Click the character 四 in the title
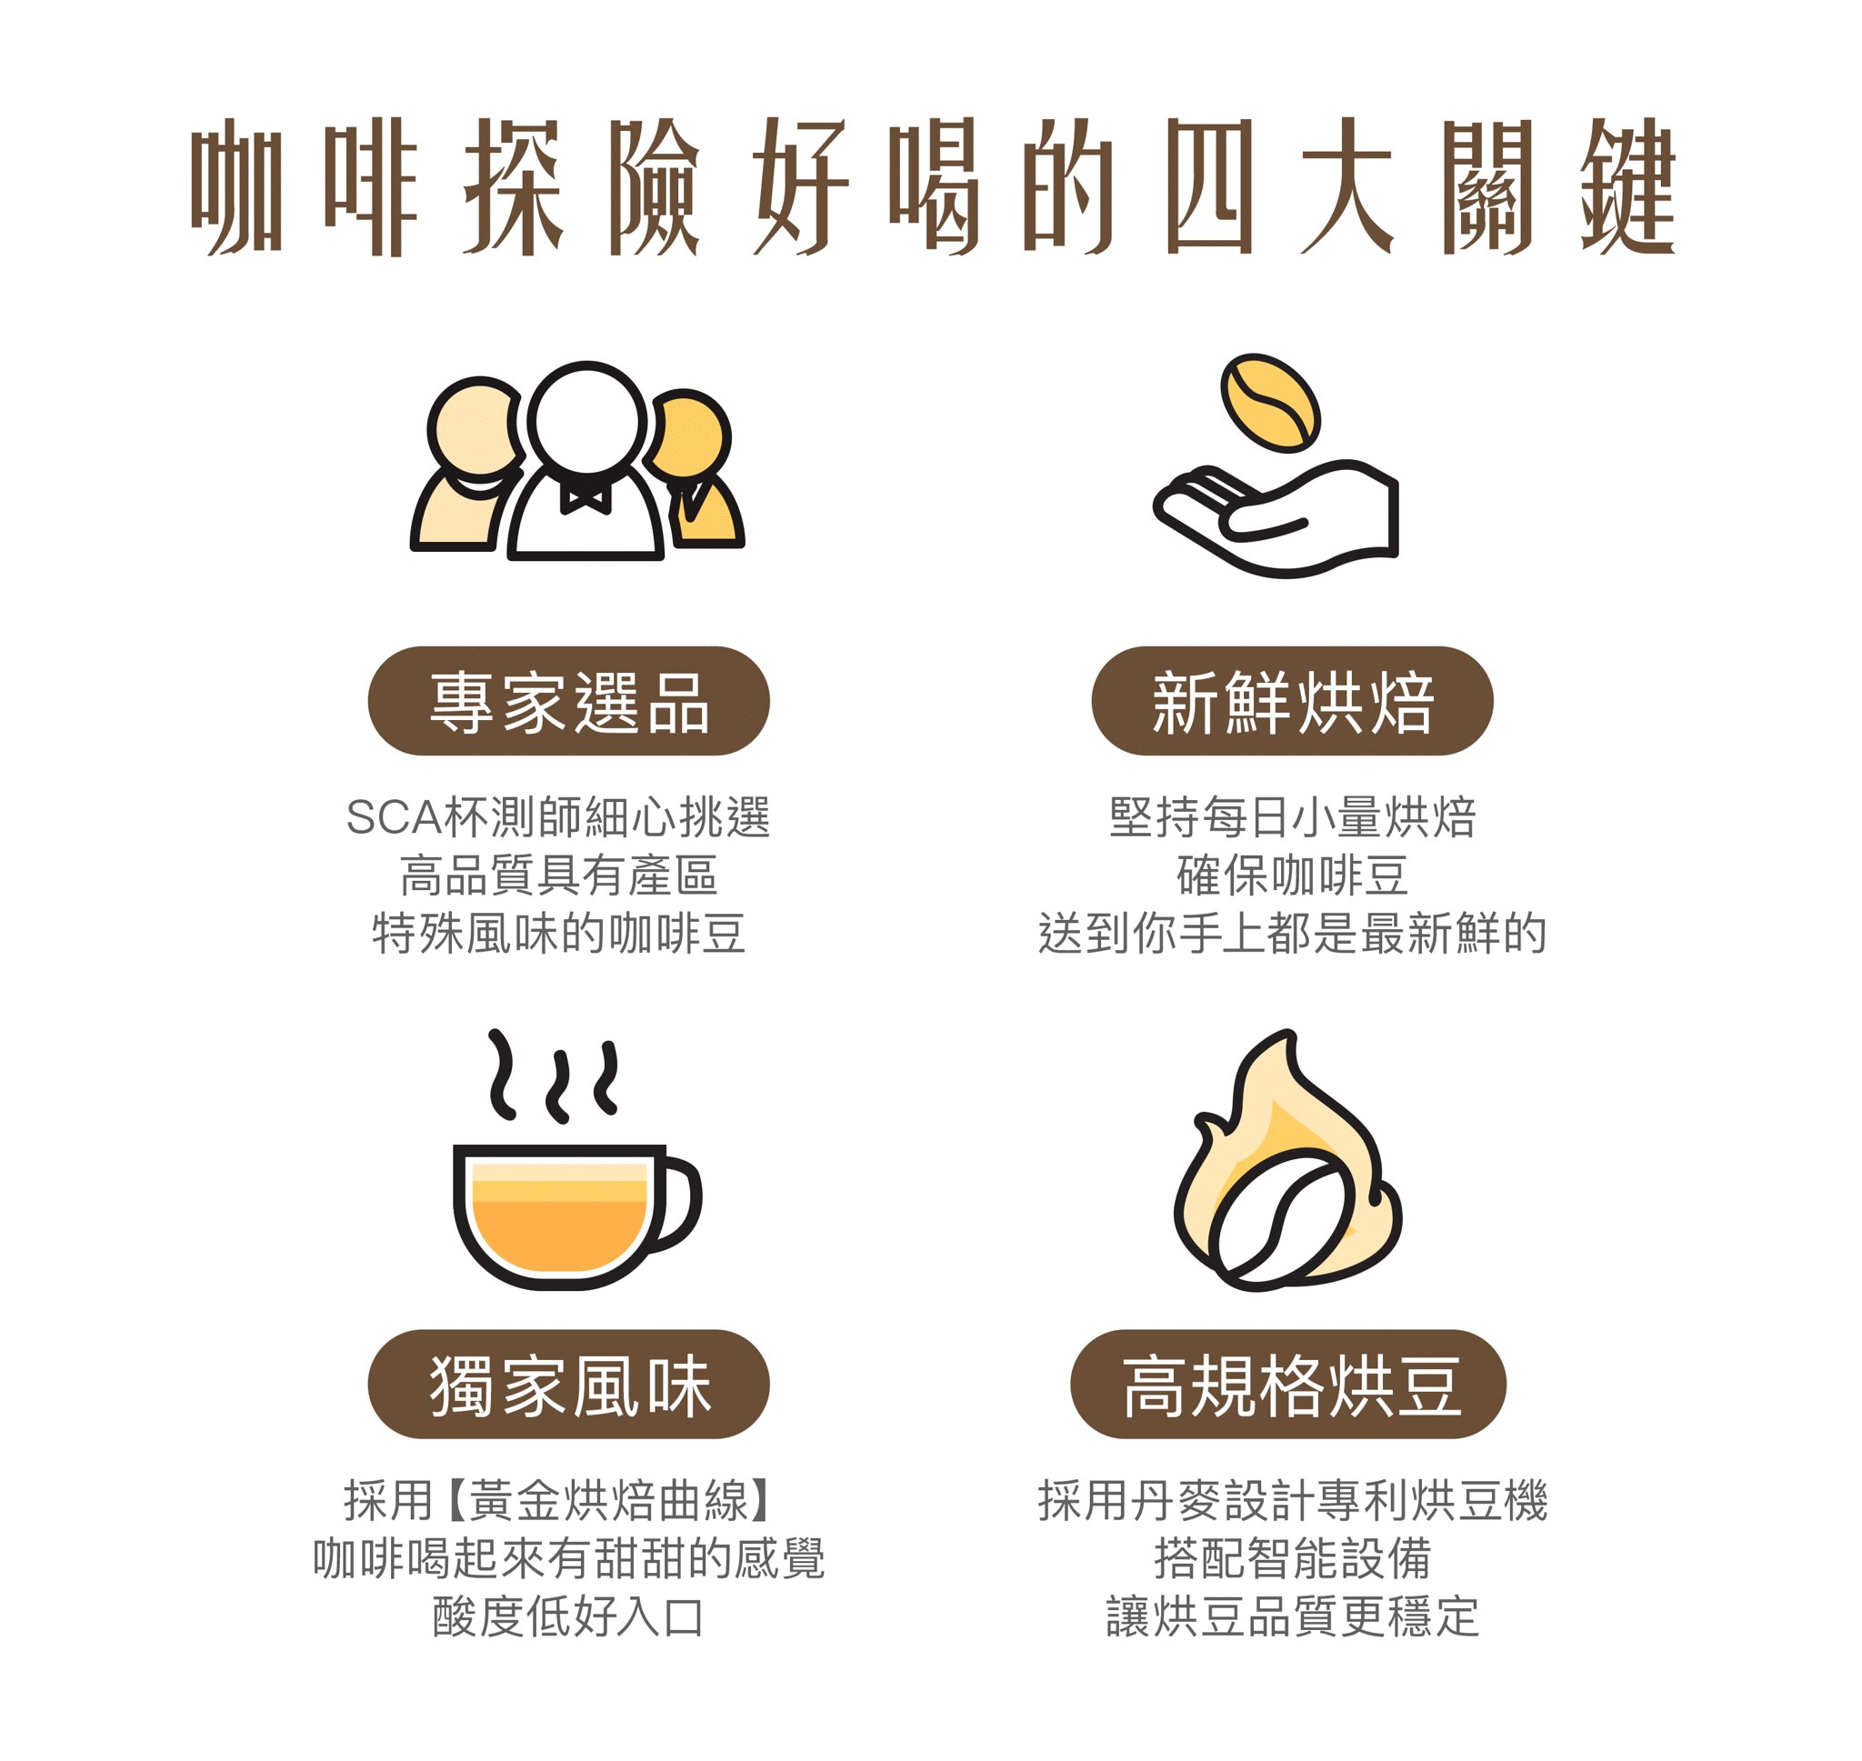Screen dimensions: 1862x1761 click(x=1209, y=185)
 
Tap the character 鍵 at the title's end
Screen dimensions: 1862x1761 click(x=1627, y=185)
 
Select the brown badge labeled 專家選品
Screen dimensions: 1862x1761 click(x=569, y=701)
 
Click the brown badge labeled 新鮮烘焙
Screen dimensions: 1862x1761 click(x=1292, y=701)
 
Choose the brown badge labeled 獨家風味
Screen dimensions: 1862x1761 click(x=569, y=1385)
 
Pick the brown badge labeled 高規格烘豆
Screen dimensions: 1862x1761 click(x=1288, y=1385)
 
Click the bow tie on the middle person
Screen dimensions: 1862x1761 click(x=586, y=496)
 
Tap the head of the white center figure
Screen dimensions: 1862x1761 click(x=586, y=420)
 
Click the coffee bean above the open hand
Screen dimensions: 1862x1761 click(x=1271, y=402)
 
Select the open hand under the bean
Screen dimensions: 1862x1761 click(x=1276, y=518)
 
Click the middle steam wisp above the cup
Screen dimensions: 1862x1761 click(x=558, y=1086)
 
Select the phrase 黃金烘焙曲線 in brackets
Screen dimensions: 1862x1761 click(x=610, y=1501)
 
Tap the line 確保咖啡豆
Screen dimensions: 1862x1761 click(x=1292, y=875)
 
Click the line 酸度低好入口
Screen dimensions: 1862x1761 click(x=569, y=1617)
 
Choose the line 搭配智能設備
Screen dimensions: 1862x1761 click(x=1292, y=1559)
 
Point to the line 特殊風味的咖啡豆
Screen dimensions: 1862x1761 click(x=559, y=933)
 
